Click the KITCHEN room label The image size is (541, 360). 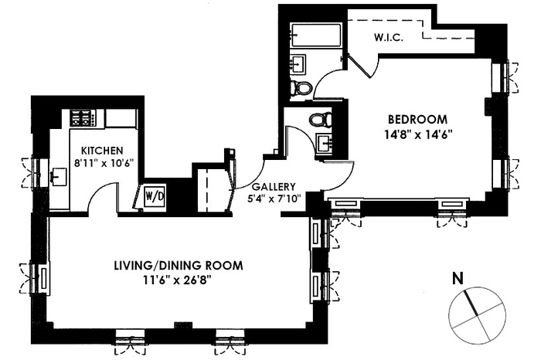[102, 151]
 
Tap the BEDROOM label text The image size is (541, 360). [418, 119]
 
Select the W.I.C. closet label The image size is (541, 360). [389, 37]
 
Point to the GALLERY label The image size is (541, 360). [274, 186]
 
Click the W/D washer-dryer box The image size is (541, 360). [155, 196]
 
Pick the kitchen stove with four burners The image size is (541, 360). [83, 117]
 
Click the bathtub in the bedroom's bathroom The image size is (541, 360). [316, 35]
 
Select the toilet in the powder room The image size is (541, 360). [321, 119]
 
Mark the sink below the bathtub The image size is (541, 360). [298, 63]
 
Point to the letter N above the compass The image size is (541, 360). [458, 278]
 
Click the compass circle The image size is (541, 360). [448, 315]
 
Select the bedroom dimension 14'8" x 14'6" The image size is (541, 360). [418, 134]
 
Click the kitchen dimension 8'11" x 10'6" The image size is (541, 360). [103, 162]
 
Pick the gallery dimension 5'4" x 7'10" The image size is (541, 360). [274, 199]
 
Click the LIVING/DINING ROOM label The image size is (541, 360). [179, 265]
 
